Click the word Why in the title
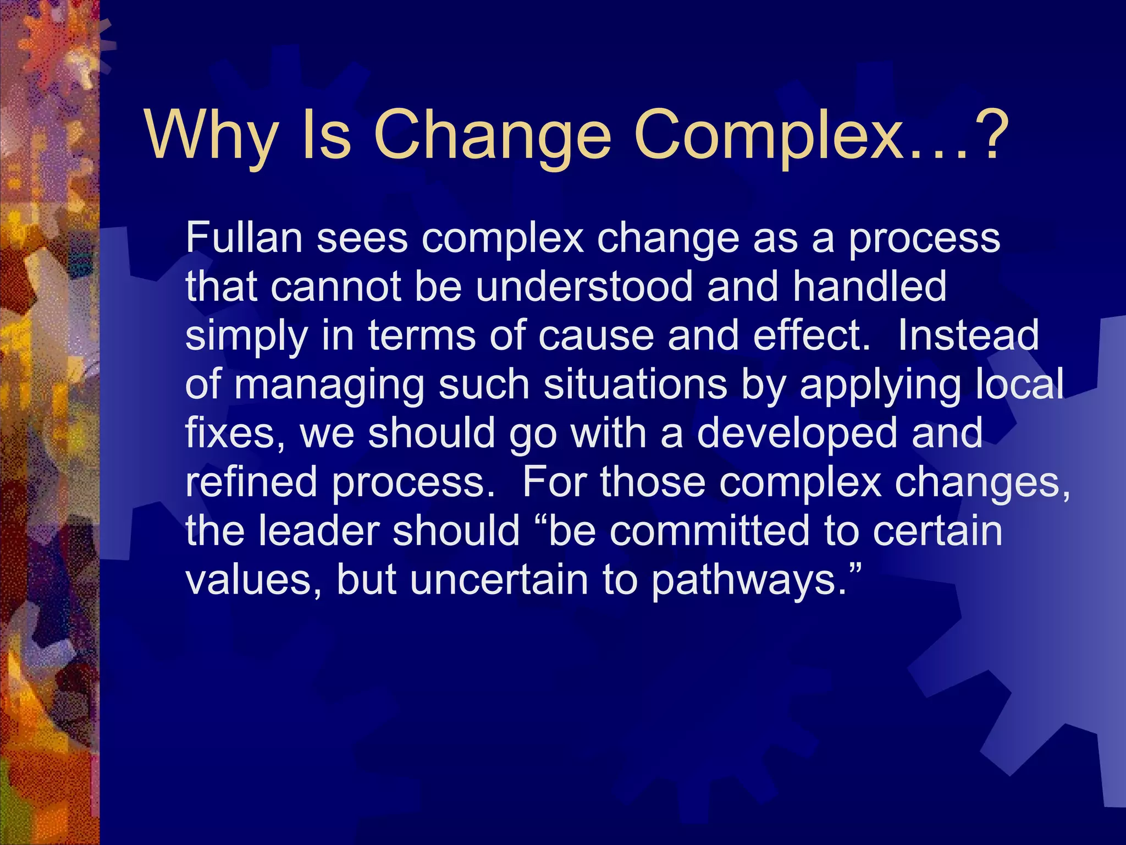(212, 135)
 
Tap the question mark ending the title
(989, 135)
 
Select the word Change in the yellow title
(492, 135)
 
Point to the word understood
(584, 287)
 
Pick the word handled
(870, 287)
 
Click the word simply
(246, 336)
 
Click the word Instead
(968, 336)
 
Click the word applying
(881, 385)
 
